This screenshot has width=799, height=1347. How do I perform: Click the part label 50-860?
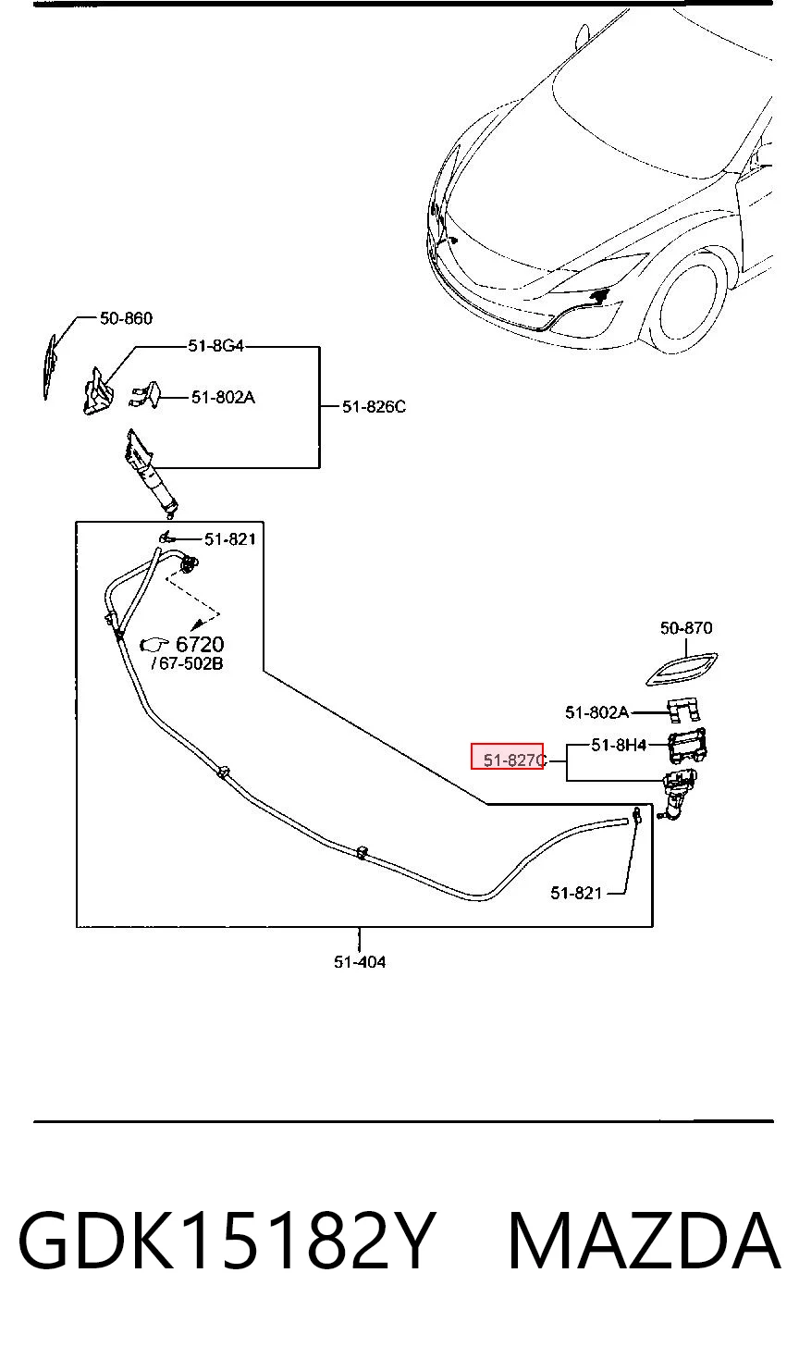[x=126, y=318]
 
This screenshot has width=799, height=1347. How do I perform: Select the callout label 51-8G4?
[x=215, y=346]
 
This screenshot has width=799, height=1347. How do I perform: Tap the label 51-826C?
[x=374, y=407]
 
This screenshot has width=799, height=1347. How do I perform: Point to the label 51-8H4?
[x=619, y=745]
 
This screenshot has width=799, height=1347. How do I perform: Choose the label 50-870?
[x=686, y=628]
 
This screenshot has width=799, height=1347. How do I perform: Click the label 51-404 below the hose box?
[x=360, y=961]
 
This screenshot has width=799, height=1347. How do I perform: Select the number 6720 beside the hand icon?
[x=200, y=645]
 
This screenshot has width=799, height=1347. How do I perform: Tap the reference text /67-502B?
[x=187, y=663]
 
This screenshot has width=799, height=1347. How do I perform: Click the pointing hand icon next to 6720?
[x=154, y=645]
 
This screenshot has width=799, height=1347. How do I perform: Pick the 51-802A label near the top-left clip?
[x=223, y=398]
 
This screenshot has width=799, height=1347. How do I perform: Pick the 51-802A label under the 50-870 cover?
[x=596, y=712]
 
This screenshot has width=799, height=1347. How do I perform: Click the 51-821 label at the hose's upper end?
[x=230, y=539]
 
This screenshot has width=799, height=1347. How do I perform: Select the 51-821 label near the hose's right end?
[x=576, y=893]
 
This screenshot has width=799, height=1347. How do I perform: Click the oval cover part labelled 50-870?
[x=682, y=669]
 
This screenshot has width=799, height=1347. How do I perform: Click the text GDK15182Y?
[x=225, y=1240]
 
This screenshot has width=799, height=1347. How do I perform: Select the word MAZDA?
[x=645, y=1240]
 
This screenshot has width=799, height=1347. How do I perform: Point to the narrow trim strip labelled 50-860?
[x=50, y=366]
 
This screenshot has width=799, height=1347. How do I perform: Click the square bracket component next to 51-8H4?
[x=686, y=746]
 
